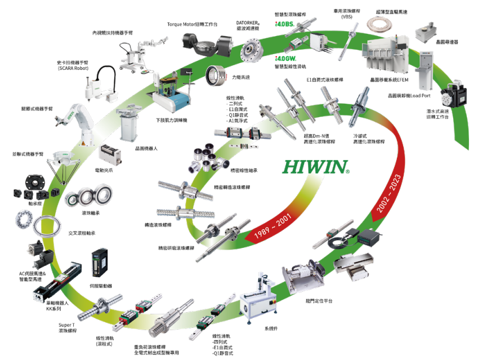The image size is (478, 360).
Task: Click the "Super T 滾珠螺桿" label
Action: coord(71,327)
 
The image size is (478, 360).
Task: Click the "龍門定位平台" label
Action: coord(319,301)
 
